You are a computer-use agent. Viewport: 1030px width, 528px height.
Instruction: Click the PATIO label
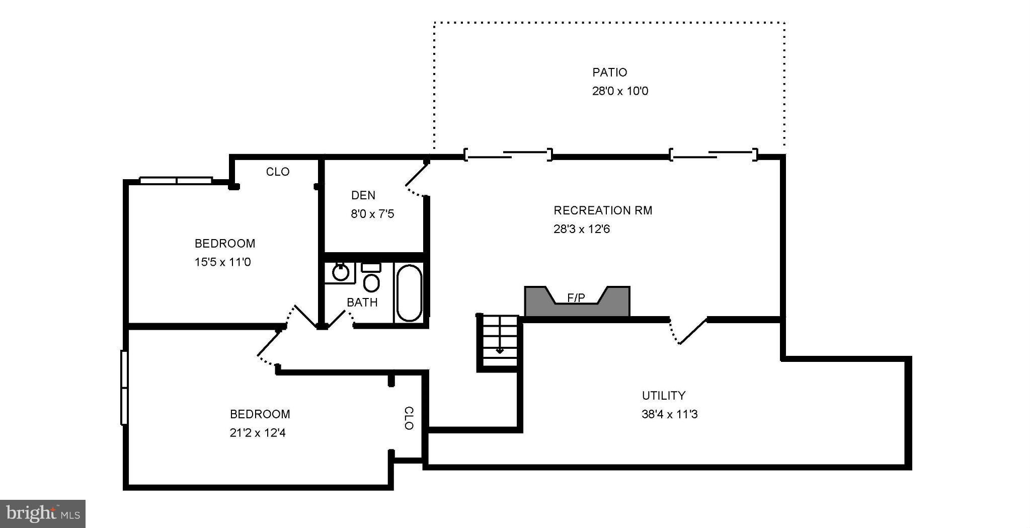(609, 72)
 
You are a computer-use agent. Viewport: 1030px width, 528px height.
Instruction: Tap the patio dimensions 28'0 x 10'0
(620, 91)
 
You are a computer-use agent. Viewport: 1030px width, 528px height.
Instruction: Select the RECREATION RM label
(603, 210)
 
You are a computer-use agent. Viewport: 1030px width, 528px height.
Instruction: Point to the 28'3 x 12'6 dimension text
(582, 229)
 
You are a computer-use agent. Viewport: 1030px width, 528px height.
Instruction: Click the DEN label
(363, 195)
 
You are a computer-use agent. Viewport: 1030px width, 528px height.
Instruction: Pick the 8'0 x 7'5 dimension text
(372, 214)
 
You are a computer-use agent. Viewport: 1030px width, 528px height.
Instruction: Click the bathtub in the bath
(409, 292)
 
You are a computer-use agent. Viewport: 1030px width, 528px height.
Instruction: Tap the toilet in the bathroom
(371, 278)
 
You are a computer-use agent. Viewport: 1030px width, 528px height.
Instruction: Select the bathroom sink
(341, 272)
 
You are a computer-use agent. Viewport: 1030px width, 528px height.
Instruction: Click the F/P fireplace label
(576, 298)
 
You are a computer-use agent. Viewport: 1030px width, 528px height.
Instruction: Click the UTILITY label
(664, 396)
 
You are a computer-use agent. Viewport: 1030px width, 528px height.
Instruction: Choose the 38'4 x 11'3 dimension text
(670, 414)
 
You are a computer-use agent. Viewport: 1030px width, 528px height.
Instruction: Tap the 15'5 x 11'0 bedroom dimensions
(223, 262)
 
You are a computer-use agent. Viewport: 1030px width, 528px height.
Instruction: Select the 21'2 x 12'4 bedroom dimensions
(258, 433)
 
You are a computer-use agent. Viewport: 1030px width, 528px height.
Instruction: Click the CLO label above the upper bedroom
(278, 172)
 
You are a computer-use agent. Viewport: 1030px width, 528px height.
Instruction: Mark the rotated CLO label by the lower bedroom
(409, 418)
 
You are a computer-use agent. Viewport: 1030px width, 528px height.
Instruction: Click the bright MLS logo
(43, 514)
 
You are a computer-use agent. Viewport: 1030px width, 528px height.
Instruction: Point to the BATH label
(362, 303)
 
